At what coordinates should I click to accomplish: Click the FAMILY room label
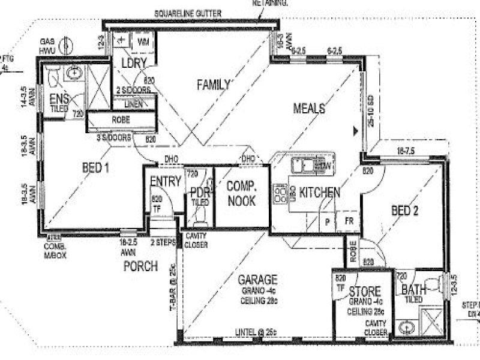click(x=214, y=86)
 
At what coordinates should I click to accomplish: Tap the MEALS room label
click(x=309, y=109)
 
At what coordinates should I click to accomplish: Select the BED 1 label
click(x=95, y=169)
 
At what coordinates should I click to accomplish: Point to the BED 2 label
click(x=404, y=211)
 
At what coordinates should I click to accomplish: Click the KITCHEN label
click(x=320, y=193)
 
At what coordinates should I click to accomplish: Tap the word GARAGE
click(x=257, y=280)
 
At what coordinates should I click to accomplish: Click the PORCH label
click(x=140, y=265)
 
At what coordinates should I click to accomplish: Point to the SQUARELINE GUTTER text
click(x=188, y=13)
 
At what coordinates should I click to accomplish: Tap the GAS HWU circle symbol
click(x=68, y=46)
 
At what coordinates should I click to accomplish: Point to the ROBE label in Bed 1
click(x=121, y=119)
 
